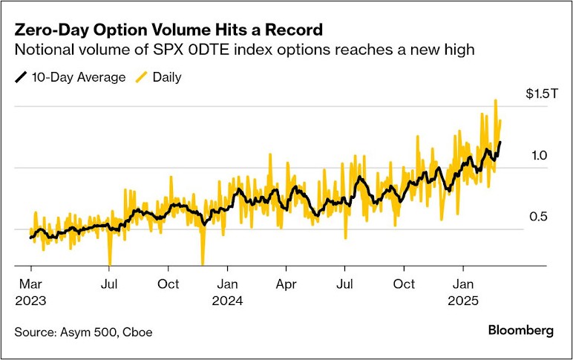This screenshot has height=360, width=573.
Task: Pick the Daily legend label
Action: (x=166, y=77)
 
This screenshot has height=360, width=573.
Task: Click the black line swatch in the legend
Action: (x=22, y=77)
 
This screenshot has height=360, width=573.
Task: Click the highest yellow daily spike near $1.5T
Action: (x=495, y=101)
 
